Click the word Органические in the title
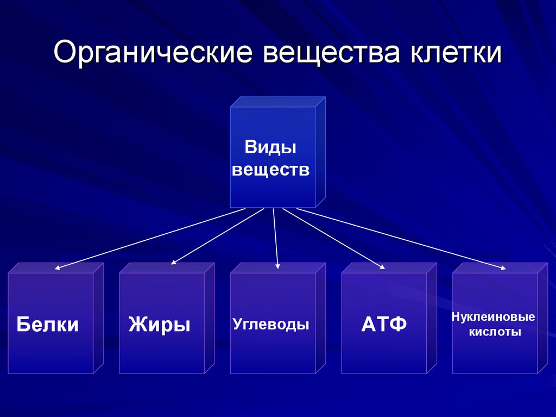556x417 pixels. coord(153,53)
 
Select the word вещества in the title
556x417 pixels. coord(332,53)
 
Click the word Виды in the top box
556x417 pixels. coord(270,147)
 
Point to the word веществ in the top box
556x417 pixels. coord(270,170)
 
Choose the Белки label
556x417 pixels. coord(48,324)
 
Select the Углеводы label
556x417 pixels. coord(270,324)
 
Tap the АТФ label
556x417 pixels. coord(384,324)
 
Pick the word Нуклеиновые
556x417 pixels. coord(493,316)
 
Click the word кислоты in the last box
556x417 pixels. coord(495,332)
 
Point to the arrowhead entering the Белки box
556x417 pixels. coord(57,268)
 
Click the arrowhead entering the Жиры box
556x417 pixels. coord(173,263)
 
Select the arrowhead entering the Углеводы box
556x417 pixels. coord(277,266)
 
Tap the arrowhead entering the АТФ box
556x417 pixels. coord(383,267)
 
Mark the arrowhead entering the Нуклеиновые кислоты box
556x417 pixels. coord(503,269)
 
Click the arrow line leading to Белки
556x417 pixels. coord(150,239)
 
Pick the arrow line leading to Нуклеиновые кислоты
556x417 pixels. coord(401,239)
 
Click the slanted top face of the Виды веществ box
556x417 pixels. coord(278,102)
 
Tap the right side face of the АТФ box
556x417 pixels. coord(432,318)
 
